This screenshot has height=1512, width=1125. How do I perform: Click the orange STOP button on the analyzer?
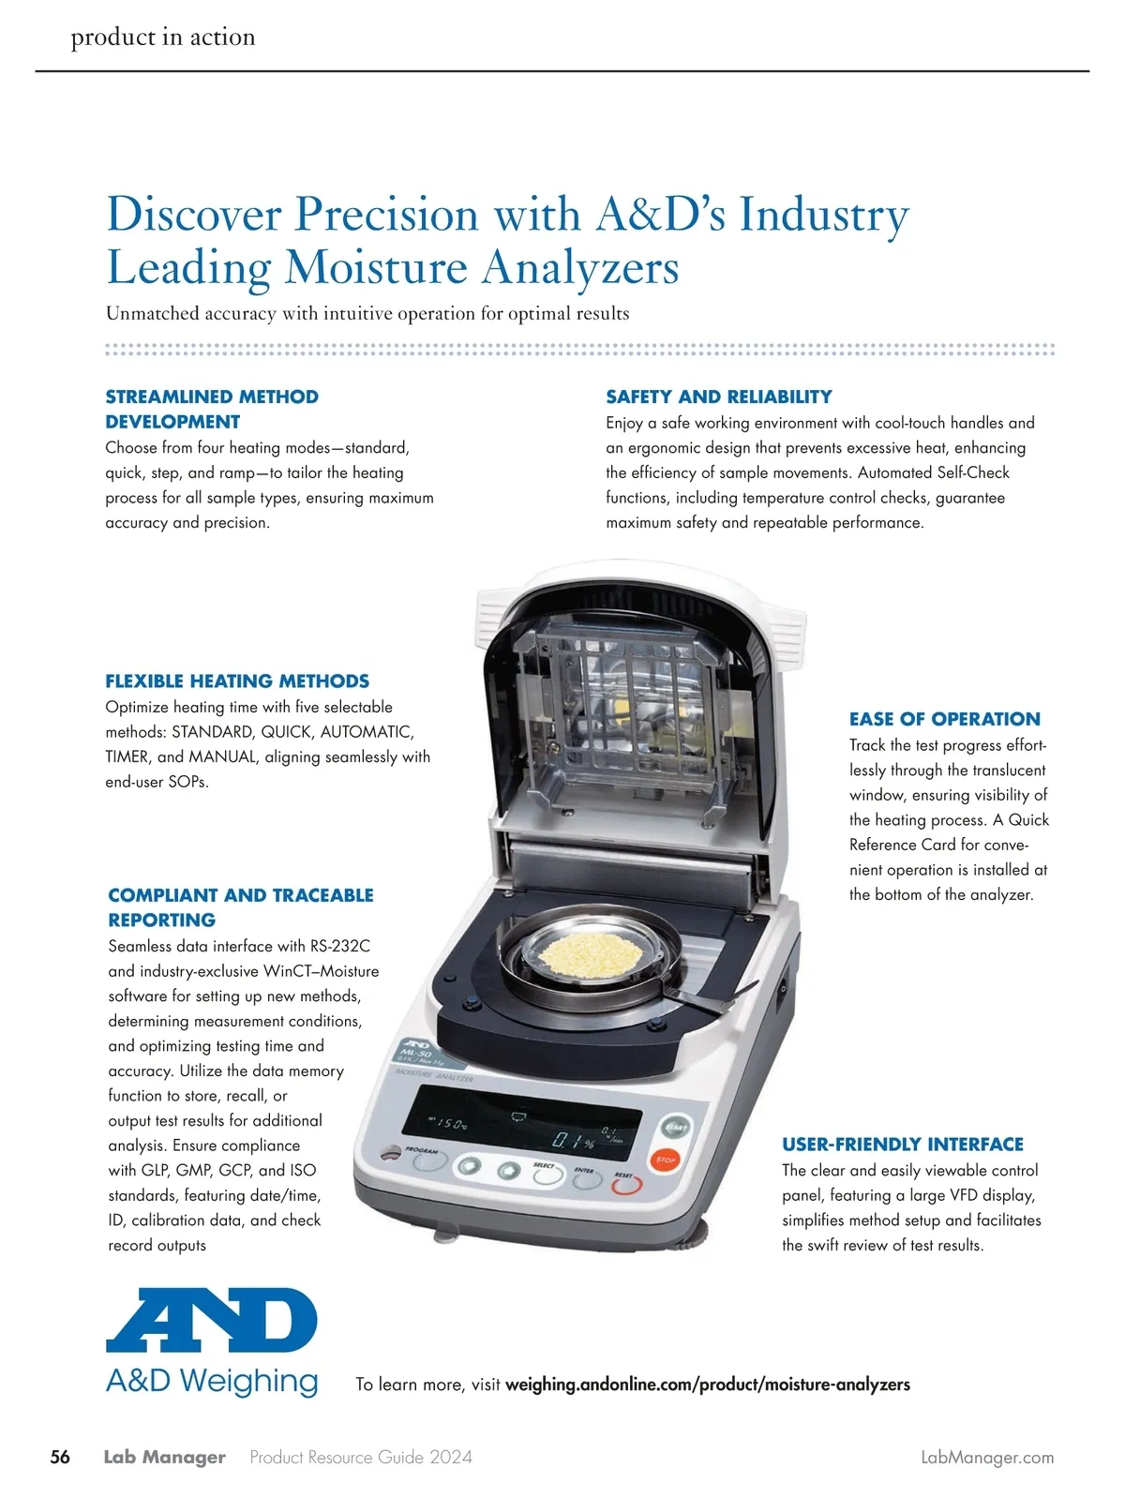pos(665,1160)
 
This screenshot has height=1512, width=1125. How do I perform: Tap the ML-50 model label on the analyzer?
pos(417,1055)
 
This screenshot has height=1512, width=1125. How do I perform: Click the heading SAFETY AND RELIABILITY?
pos(718,397)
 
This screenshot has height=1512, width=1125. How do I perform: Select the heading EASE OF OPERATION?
pos(944,719)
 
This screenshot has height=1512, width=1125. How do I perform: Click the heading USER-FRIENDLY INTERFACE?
pos(902,1144)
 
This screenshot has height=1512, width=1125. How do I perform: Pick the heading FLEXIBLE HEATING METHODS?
pos(237,681)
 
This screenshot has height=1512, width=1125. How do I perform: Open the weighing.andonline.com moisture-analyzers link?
pos(707,1385)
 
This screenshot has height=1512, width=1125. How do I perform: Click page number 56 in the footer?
pos(60,1457)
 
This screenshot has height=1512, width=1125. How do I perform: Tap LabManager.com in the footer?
pos(987,1458)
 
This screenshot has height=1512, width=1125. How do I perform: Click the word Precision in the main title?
pos(386,215)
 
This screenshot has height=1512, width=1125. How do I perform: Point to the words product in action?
pos(163,37)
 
